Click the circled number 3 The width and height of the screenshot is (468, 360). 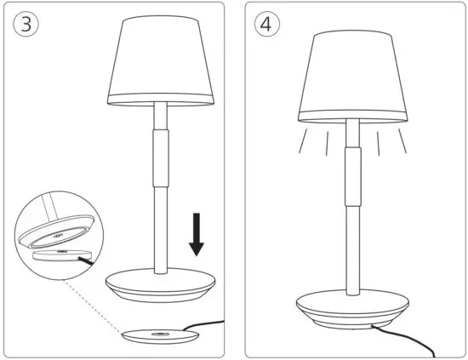point(27,25)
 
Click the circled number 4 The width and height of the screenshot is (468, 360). point(266,25)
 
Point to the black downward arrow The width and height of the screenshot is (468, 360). point(197,236)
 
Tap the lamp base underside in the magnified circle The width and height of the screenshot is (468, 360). point(60,234)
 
